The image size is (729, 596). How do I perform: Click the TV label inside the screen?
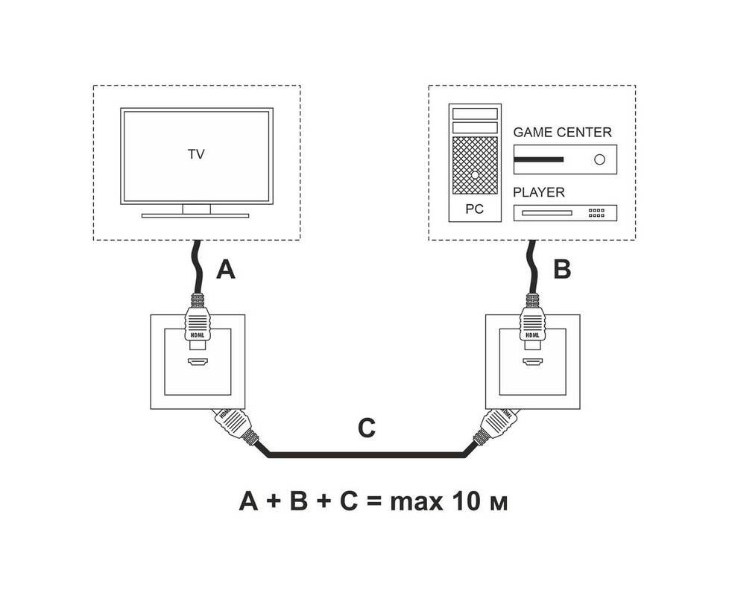pyautogui.click(x=196, y=155)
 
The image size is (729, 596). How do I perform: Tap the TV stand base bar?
pyautogui.click(x=195, y=215)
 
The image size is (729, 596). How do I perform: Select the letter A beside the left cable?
pyautogui.click(x=225, y=270)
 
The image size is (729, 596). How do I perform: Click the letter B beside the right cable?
pyautogui.click(x=561, y=270)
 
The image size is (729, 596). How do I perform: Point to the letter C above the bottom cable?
pyautogui.click(x=366, y=428)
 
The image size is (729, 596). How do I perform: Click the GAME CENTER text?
pyautogui.click(x=562, y=133)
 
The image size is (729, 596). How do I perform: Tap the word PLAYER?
pyautogui.click(x=539, y=192)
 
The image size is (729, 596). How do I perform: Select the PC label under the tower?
pyautogui.click(x=474, y=209)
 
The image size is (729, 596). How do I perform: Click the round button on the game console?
pyautogui.click(x=599, y=159)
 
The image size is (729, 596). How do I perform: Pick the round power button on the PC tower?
pyautogui.click(x=475, y=174)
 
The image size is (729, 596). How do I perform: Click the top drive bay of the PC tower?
pyautogui.click(x=474, y=112)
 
